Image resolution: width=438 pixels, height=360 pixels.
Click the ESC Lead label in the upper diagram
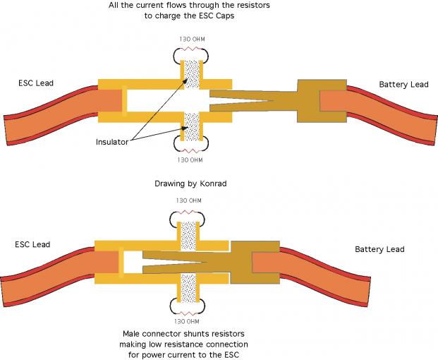[x=36, y=83]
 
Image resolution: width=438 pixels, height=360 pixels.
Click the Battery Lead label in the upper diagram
[x=403, y=85]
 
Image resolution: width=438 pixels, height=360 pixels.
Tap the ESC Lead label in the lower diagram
[x=32, y=244]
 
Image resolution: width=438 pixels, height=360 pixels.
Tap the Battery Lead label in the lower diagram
[x=379, y=249]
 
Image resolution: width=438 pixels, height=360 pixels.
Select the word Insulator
[x=112, y=142]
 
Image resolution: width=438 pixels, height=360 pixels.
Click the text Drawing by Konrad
[x=190, y=184]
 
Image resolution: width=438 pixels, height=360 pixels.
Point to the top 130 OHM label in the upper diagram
[x=192, y=39]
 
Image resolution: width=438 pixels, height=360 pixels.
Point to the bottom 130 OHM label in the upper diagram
[x=190, y=160]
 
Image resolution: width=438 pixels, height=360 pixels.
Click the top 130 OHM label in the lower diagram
[x=188, y=200]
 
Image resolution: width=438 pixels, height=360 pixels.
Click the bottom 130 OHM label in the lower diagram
[x=187, y=321]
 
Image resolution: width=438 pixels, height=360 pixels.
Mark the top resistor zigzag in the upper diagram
[x=192, y=49]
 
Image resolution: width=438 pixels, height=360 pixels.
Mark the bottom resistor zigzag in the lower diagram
[x=188, y=313]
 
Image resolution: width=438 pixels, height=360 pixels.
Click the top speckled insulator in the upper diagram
[x=192, y=75]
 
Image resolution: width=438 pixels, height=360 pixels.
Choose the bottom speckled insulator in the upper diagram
[x=192, y=126]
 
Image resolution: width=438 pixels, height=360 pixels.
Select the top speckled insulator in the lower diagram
[x=188, y=236]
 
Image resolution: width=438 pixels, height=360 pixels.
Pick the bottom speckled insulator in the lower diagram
[x=188, y=288]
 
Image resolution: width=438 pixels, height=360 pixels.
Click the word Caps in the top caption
[x=225, y=16]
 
